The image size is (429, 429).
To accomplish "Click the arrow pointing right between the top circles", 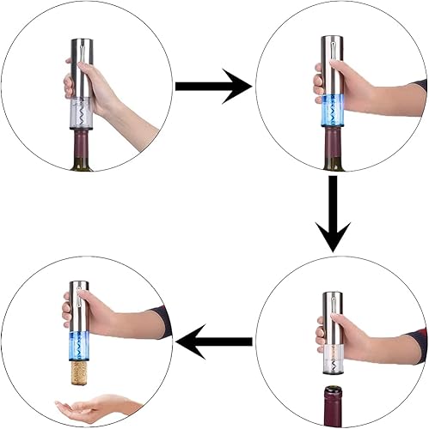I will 212,86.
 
